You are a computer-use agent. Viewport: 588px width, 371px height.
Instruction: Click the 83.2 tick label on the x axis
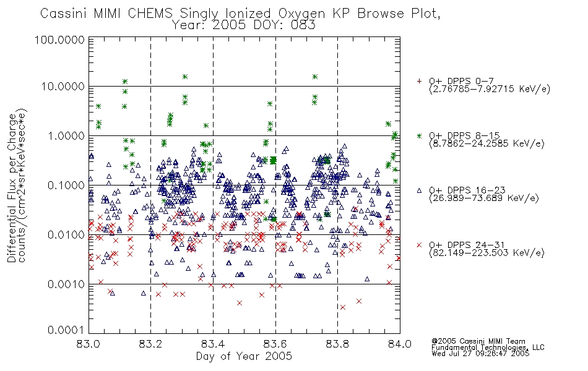coord(150,344)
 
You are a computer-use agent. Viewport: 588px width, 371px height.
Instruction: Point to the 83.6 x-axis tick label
coord(275,344)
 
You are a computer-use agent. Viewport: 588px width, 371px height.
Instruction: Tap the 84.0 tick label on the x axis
coord(400,344)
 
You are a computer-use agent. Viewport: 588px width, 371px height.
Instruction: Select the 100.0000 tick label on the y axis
coord(60,40)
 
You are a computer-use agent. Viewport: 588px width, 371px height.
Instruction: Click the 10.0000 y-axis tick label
coord(63,87)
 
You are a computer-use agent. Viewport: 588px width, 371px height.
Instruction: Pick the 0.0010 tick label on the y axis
coord(66,284)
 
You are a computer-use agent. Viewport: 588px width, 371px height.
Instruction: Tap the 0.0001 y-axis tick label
coord(66,330)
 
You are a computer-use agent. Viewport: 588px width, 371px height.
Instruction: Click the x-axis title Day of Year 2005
coord(244,356)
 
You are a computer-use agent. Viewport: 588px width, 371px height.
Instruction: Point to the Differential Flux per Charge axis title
coord(12,187)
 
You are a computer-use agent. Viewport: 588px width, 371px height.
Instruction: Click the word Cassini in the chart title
coord(63,14)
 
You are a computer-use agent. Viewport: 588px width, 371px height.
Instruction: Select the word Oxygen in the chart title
coord(302,14)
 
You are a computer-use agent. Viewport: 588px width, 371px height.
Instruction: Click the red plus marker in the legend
coord(419,81)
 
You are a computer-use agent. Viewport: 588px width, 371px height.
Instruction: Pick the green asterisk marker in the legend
coord(419,135)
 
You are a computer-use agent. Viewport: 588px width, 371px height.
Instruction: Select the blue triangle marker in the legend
coord(419,190)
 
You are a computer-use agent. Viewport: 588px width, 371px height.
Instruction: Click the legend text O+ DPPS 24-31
coord(467,245)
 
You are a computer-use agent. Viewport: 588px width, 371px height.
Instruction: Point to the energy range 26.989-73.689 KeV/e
coord(484,198)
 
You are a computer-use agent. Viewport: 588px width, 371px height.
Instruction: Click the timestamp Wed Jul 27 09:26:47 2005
coord(480,353)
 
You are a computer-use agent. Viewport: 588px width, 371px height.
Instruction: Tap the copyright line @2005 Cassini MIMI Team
coord(478,341)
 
